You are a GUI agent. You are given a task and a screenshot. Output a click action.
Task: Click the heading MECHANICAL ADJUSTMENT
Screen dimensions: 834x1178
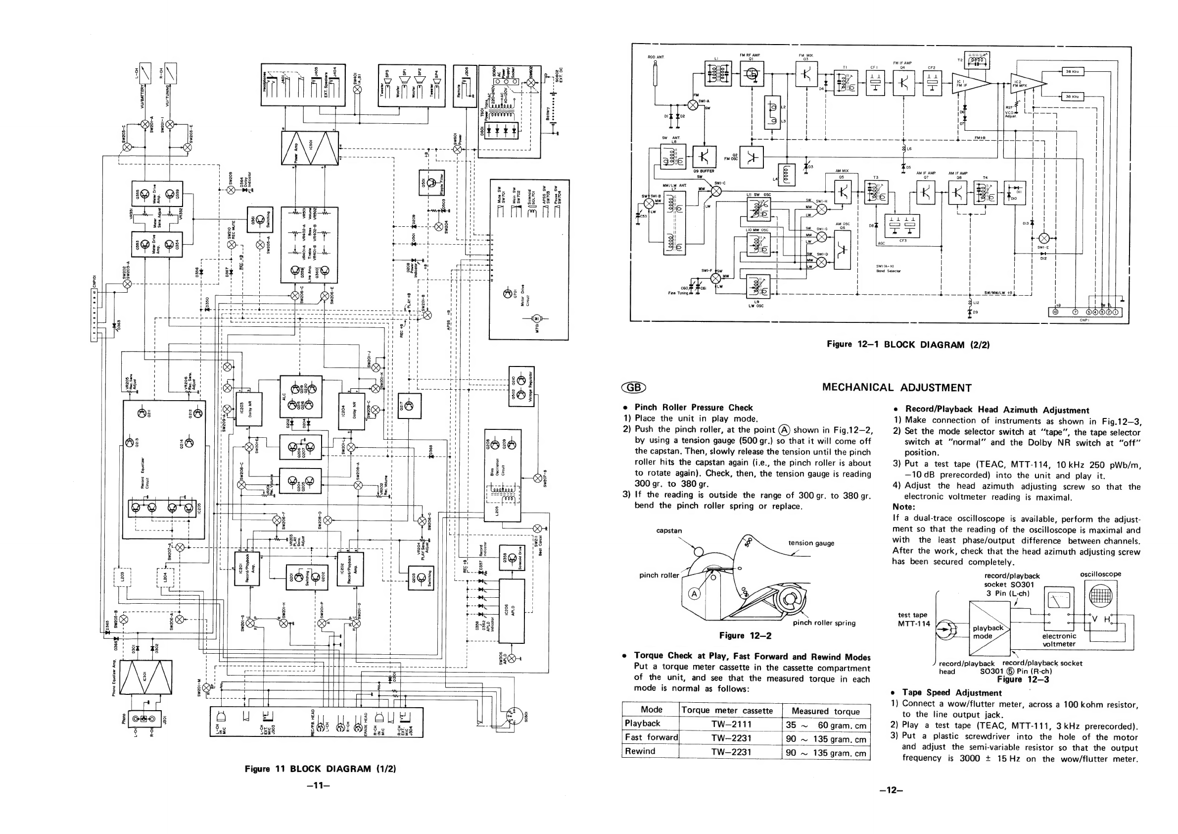tap(896, 388)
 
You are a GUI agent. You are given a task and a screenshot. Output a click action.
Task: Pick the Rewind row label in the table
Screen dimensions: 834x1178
tap(640, 751)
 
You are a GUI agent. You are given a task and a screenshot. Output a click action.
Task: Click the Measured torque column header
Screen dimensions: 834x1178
tap(826, 711)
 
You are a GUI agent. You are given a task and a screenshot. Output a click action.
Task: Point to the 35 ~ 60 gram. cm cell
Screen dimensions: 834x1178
tap(826, 725)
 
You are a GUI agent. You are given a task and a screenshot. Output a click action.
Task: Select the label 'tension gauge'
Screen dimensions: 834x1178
tap(811, 543)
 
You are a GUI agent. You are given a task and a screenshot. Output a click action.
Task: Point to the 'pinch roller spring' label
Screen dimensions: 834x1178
tap(824, 623)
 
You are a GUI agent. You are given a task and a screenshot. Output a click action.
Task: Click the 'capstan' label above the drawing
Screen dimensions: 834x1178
tap(668, 530)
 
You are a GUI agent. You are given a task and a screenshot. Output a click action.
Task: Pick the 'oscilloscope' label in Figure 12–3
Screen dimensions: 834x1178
tap(1100, 574)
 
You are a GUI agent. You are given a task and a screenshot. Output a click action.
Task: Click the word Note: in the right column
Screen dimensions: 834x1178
tap(904, 507)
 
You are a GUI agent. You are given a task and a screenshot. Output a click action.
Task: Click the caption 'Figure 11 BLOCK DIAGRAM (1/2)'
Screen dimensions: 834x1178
tap(320, 769)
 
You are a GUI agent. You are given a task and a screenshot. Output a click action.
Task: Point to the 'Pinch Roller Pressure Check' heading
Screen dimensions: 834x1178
tap(693, 407)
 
